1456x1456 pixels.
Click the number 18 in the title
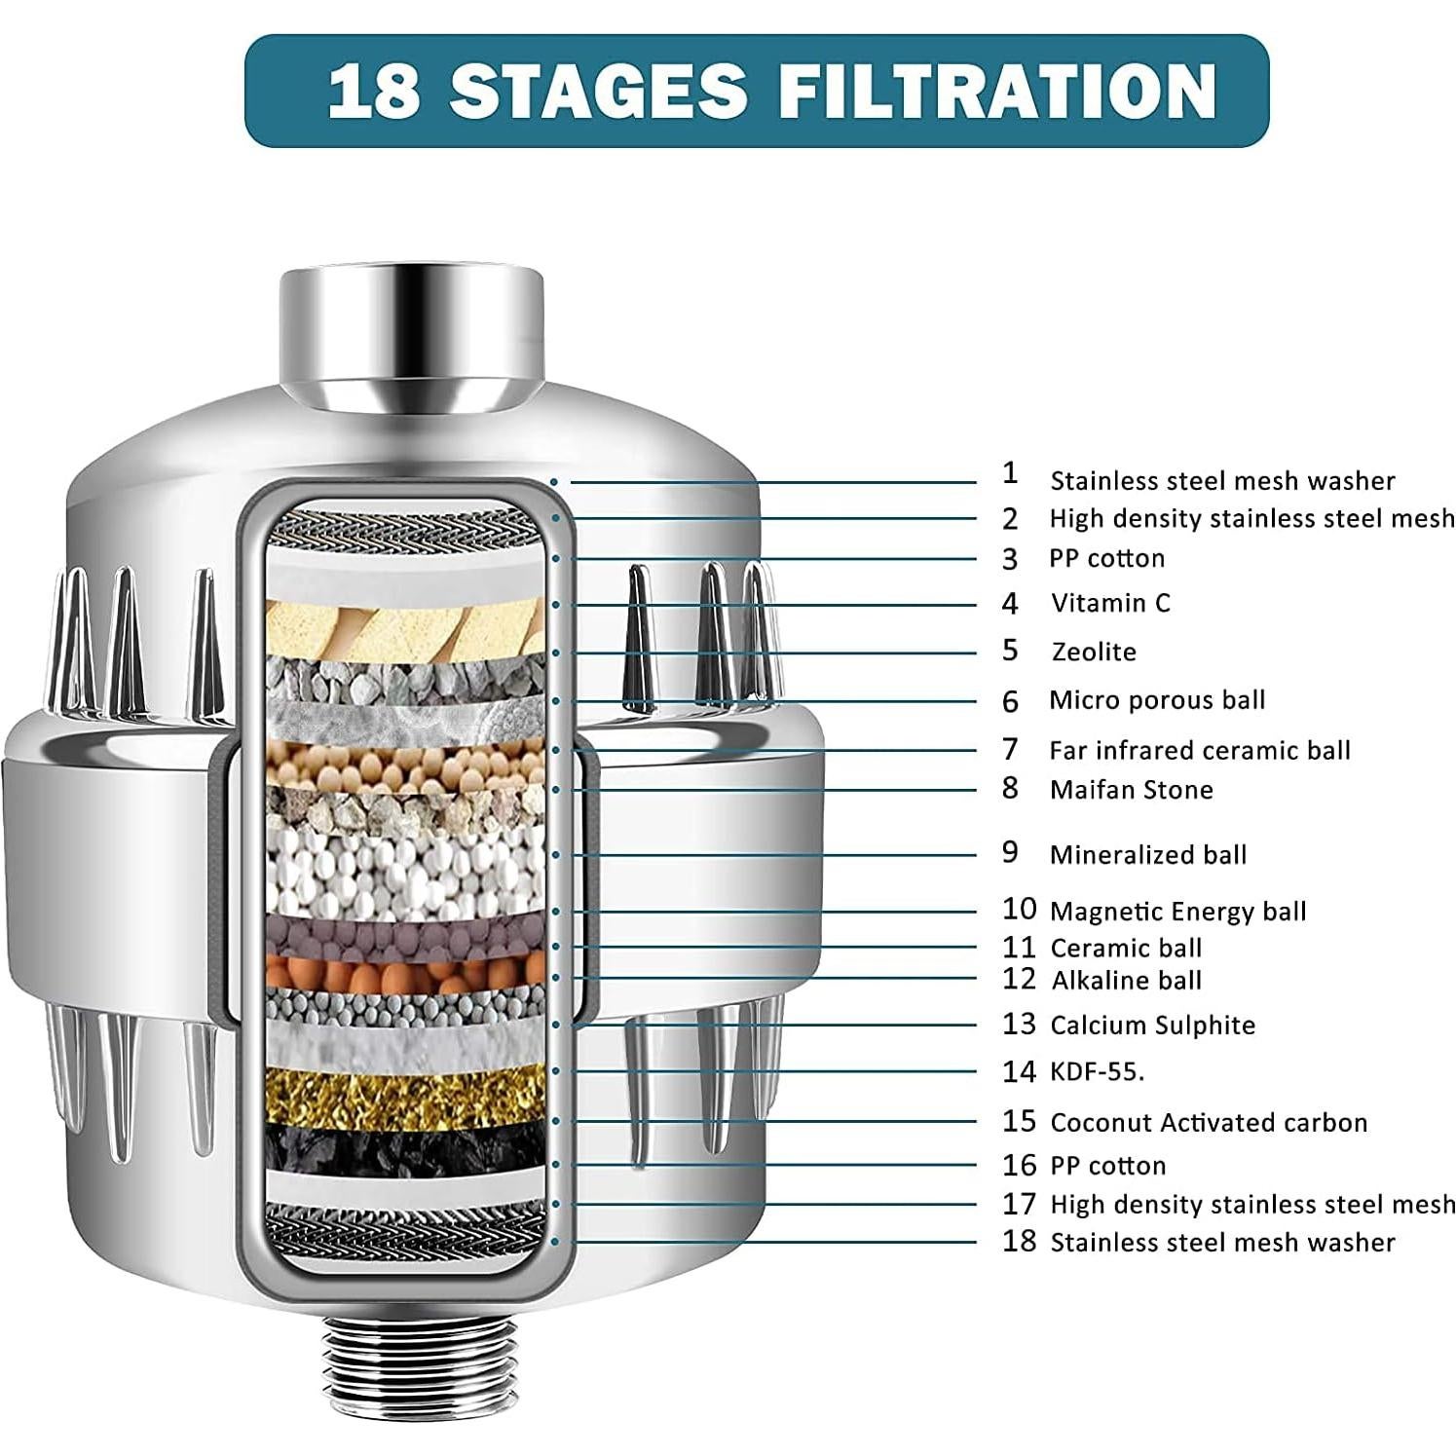[x=374, y=92]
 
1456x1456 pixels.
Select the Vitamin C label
[x=1110, y=603]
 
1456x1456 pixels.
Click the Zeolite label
[x=1094, y=652]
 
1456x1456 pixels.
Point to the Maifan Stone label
[x=1131, y=790]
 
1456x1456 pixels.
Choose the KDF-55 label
[x=1097, y=1072]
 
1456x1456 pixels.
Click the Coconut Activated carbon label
[x=1208, y=1123]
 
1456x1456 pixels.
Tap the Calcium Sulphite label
[x=1152, y=1026]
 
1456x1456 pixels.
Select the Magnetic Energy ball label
[x=1177, y=912]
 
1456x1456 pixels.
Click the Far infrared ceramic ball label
[x=1199, y=751]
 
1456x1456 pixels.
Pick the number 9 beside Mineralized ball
[x=1010, y=852]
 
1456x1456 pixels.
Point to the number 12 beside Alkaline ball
[x=1019, y=979]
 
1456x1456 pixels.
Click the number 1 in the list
[x=1010, y=473]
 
